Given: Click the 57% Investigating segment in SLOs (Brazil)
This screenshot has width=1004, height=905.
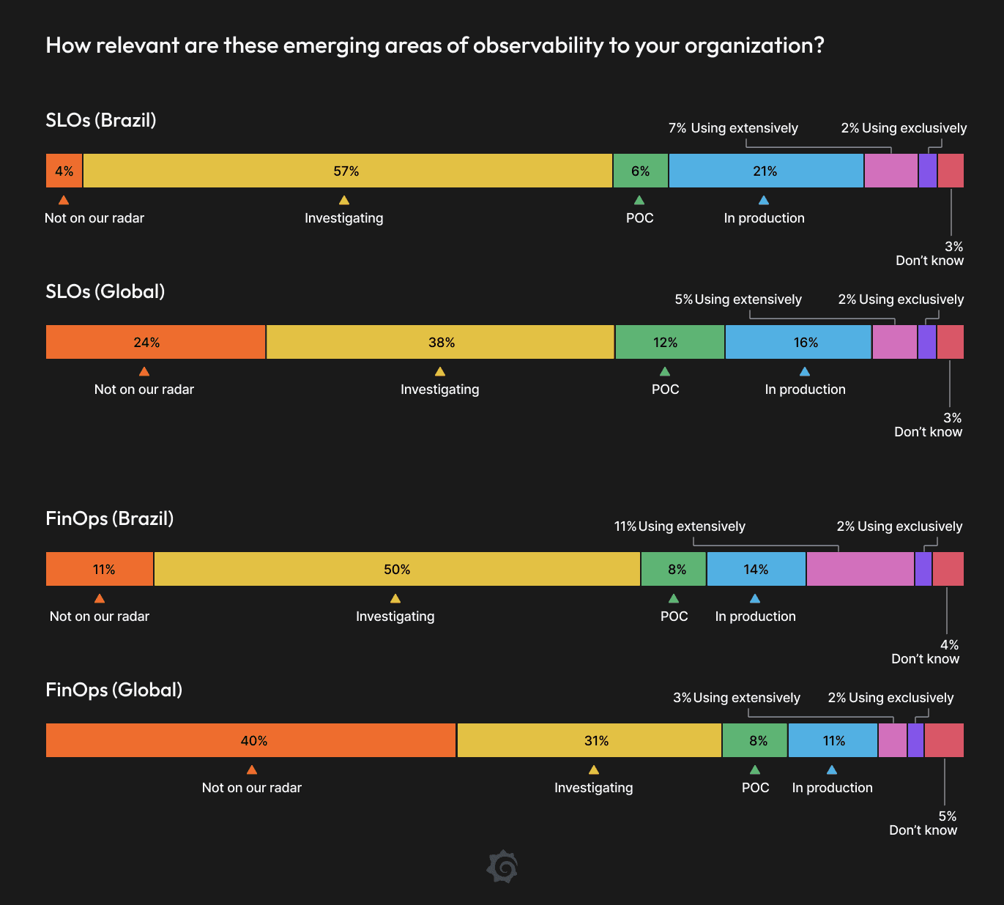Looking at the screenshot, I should (347, 171).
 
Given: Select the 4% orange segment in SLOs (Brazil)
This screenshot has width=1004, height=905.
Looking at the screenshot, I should (64, 171).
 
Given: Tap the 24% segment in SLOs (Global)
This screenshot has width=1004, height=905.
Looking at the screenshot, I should (155, 342).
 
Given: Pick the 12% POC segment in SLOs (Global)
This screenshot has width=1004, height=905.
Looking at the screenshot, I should (669, 342).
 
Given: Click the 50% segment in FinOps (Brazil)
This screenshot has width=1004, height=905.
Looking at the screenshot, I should (397, 569).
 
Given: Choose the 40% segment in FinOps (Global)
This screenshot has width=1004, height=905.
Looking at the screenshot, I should (250, 740).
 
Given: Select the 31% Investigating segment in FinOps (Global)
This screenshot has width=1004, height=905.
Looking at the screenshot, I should (589, 740).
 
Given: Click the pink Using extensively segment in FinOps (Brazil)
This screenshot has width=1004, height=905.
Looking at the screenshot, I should (860, 569).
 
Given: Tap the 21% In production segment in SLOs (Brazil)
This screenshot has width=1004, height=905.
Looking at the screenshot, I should (766, 171).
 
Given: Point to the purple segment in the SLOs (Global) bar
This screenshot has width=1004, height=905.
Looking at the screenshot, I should (926, 342).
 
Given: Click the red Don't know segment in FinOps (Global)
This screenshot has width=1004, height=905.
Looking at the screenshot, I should (944, 740).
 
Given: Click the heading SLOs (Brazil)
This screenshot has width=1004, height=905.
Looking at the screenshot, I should (101, 120).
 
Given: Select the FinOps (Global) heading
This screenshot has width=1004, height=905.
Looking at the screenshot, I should (114, 690).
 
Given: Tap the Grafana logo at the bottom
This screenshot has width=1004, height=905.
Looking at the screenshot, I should (502, 867).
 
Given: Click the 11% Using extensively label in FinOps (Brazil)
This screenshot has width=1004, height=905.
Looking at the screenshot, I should (680, 526).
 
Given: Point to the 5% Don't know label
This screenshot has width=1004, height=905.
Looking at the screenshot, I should (924, 823).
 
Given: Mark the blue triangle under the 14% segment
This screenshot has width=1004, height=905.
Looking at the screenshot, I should (755, 598).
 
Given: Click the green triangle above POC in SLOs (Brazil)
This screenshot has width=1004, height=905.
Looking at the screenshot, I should (639, 200).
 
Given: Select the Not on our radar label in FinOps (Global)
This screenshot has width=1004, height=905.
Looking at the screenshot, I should (251, 788).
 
